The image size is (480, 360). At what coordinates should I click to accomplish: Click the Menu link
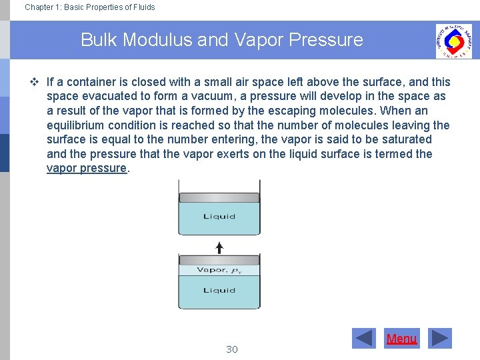coord(401,339)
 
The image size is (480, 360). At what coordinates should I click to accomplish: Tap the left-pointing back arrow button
coord(364,339)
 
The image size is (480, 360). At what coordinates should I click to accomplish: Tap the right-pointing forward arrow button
coord(439,339)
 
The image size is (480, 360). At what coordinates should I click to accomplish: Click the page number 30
coord(232,349)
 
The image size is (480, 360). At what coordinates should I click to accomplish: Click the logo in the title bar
coord(453,41)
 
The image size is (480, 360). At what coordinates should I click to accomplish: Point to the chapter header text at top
coord(90,7)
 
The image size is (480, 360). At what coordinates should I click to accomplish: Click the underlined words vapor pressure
coord(87,168)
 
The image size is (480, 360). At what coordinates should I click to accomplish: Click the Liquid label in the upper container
coord(219,217)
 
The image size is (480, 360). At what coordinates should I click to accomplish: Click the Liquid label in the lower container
coord(219,291)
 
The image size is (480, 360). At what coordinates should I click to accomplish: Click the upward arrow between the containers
coord(219,247)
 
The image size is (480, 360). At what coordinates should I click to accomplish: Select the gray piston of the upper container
coord(219,197)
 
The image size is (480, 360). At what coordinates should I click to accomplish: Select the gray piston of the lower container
coord(219,260)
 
